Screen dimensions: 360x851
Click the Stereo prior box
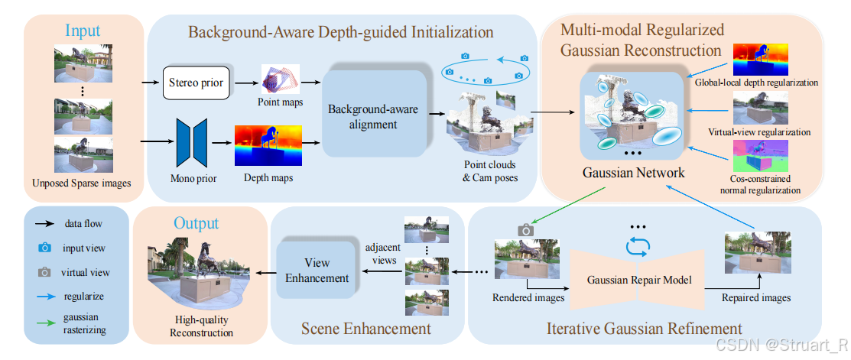pos(196,82)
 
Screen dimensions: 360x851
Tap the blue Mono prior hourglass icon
pos(191,141)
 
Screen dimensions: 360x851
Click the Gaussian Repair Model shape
pos(639,279)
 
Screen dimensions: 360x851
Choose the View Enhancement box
pos(317,270)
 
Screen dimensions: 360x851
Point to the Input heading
pos(82,31)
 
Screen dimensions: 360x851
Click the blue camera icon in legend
pos(45,248)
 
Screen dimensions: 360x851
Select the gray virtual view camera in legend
pos(45,271)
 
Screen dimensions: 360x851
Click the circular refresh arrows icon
pos(637,245)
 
